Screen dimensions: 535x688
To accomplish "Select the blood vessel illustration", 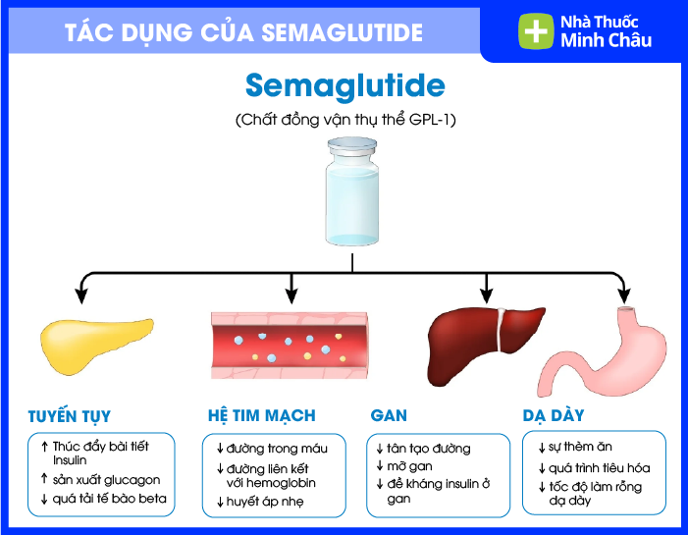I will [x=289, y=345].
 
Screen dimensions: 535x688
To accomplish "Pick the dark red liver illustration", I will [x=485, y=337].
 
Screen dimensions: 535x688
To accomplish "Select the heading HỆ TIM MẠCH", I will [x=262, y=415].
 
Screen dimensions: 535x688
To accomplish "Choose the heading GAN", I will [x=389, y=415].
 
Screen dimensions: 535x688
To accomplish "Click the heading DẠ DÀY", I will [x=554, y=415].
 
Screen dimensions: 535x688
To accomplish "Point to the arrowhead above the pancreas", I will [x=83, y=294].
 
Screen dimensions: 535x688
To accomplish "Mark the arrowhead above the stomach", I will [x=622, y=294].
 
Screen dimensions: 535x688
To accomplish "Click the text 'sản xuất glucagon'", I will [x=106, y=480].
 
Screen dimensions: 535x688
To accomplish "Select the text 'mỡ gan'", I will [x=413, y=466].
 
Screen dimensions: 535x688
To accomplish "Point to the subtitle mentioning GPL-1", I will [x=345, y=121].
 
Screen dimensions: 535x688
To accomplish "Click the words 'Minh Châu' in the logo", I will [x=606, y=41].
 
